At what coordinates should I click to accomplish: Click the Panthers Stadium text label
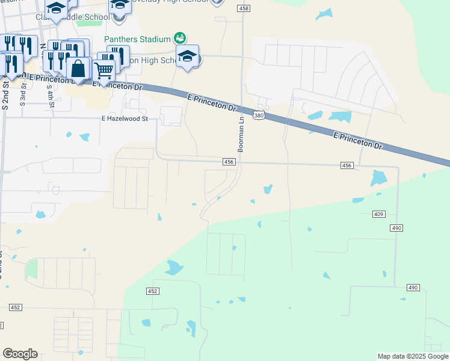[x=138, y=39]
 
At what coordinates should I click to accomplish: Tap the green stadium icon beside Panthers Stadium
[x=179, y=39]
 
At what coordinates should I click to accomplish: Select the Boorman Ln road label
[x=240, y=134]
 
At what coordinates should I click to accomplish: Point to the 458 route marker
[x=244, y=8]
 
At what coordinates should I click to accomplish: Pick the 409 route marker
[x=378, y=214]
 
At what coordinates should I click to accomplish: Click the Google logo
[x=20, y=354]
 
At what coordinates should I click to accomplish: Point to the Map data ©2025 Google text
[x=413, y=356]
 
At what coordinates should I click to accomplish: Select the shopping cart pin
[x=104, y=71]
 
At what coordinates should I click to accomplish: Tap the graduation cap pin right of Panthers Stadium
[x=188, y=57]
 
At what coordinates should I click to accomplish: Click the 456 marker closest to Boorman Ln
[x=229, y=162]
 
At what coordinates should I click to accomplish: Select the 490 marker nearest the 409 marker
[x=396, y=227]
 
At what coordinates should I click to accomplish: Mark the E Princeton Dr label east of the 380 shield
[x=357, y=141]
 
